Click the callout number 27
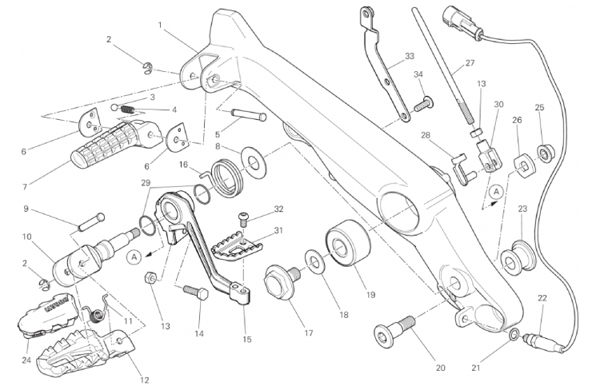pyautogui.click(x=470, y=62)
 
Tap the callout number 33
pyautogui.click(x=410, y=56)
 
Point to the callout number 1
pyautogui.click(x=160, y=25)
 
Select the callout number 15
pyautogui.click(x=247, y=339)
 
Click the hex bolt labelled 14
pyautogui.click(x=196, y=293)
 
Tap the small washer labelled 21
pyautogui.click(x=513, y=335)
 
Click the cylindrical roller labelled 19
pyautogui.click(x=348, y=243)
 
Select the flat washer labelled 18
pyautogui.click(x=315, y=264)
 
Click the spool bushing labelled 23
pyautogui.click(x=517, y=259)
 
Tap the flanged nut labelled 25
pyautogui.click(x=545, y=153)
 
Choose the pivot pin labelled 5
pyautogui.click(x=249, y=115)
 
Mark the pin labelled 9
pyautogui.click(x=92, y=222)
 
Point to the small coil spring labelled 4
pyautogui.click(x=127, y=109)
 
